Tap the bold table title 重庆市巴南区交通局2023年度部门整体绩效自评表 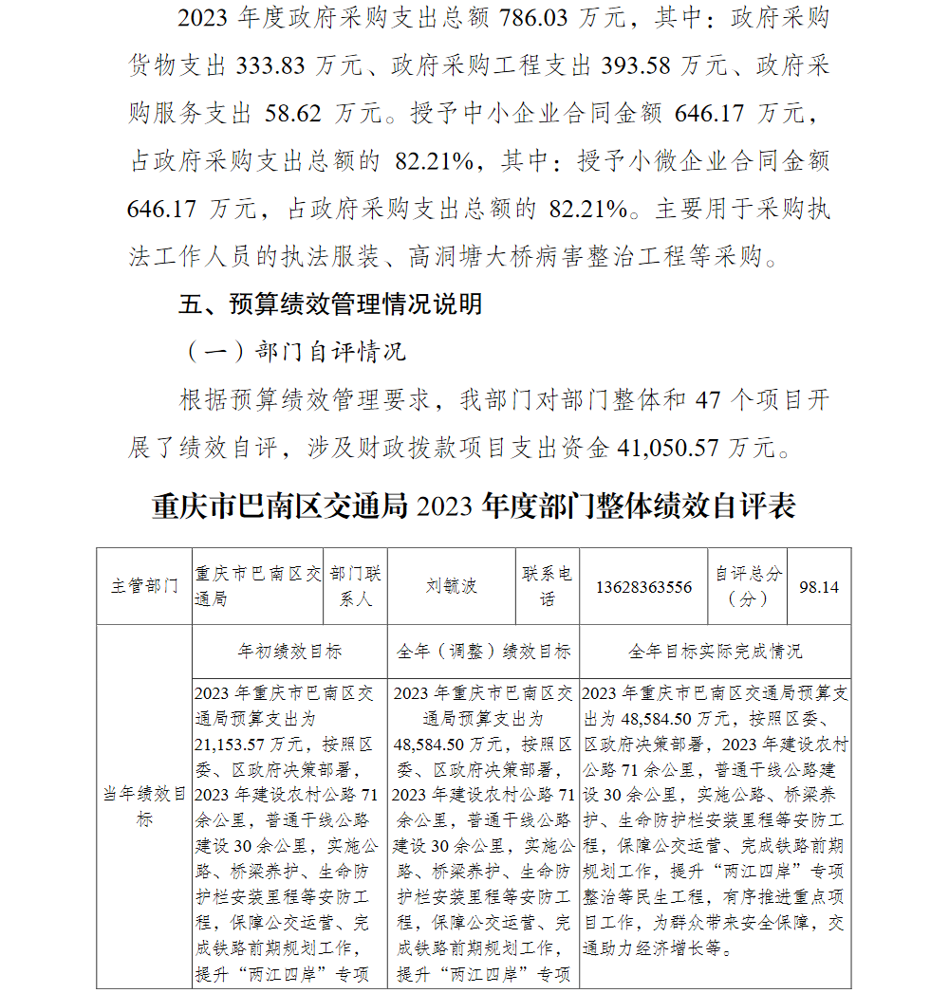473,506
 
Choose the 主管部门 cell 144,586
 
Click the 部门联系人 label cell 356,586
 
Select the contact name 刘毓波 452,586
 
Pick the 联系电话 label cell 548,586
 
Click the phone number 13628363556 643,587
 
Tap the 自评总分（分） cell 749,586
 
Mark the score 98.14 819,587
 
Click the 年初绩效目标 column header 289,652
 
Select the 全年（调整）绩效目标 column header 483,652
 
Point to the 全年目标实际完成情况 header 715,652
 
